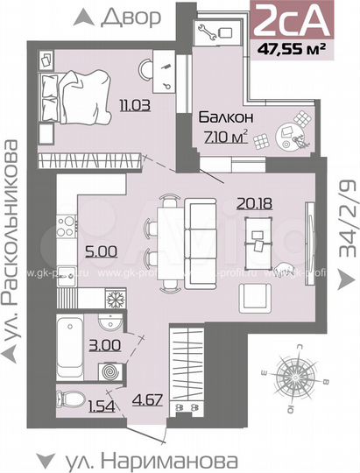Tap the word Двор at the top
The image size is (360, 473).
coord(131,17)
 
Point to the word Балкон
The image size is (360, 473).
coord(225,116)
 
